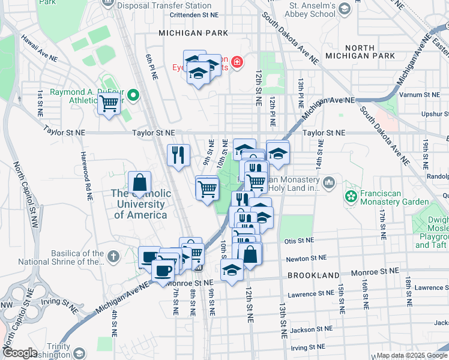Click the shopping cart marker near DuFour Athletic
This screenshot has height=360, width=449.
click(109, 104)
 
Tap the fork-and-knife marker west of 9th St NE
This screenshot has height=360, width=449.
click(178, 155)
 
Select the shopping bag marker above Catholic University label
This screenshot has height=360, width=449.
click(139, 182)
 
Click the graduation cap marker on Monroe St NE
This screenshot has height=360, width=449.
click(232, 269)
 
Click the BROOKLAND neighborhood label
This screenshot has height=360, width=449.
click(309, 275)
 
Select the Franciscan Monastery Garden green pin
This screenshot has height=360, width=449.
click(350, 196)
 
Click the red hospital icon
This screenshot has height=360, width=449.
click(238, 62)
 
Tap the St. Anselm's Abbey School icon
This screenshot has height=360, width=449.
click(345, 8)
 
